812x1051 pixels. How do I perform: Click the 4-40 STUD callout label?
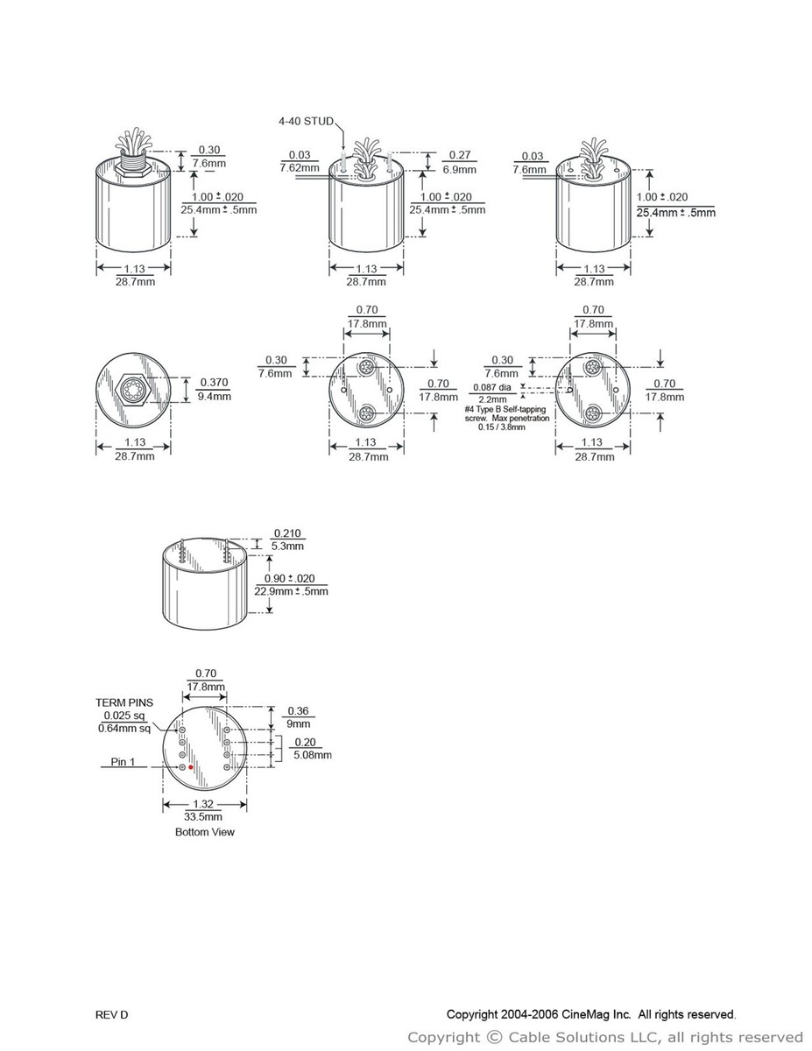tap(306, 121)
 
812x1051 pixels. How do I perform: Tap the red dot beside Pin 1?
tap(191, 767)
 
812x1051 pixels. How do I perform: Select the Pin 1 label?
tap(123, 762)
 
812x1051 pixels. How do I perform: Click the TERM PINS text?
tap(124, 702)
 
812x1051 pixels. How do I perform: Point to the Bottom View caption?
tap(205, 832)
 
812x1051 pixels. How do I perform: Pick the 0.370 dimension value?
tap(214, 383)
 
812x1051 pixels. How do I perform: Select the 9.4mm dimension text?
tap(215, 397)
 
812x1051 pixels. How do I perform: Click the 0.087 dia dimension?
tap(492, 387)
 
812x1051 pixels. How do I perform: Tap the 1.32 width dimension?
tap(203, 804)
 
